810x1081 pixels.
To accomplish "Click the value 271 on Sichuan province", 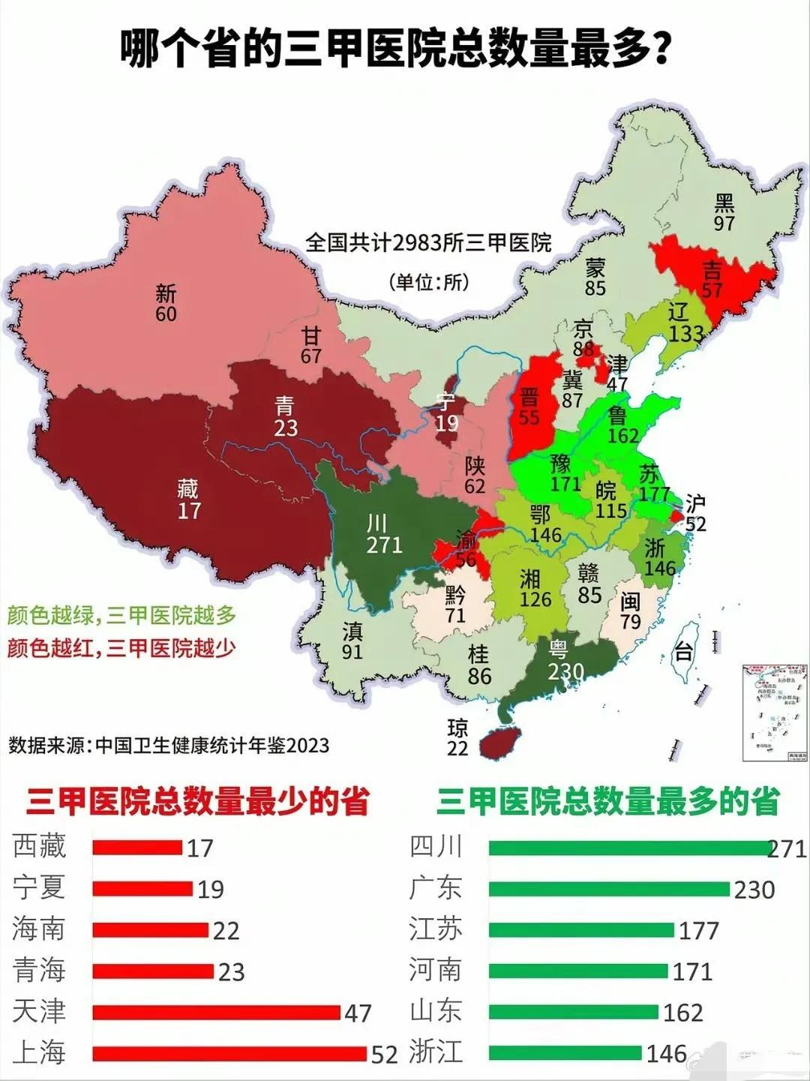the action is pyautogui.click(x=384, y=544).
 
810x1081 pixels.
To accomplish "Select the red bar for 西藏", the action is pyautogui.click(x=137, y=848).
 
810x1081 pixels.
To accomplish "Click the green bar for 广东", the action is pyautogui.click(x=608, y=889).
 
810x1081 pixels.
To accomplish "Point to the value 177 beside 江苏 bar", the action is pyautogui.click(x=698, y=931).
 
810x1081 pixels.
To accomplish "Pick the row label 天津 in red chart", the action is pyautogui.click(x=39, y=1011).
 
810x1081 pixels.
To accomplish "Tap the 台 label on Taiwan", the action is pyautogui.click(x=682, y=651).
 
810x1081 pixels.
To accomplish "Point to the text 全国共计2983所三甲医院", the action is pyautogui.click(x=428, y=243).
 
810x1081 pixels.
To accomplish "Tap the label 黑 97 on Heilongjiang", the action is pyautogui.click(x=724, y=212).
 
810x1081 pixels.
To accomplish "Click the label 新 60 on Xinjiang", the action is pyautogui.click(x=166, y=303).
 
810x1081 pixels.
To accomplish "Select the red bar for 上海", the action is pyautogui.click(x=230, y=1053).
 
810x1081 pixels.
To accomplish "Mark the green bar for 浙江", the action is pyautogui.click(x=565, y=1052).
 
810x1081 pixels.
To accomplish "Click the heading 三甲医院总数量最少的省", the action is pyautogui.click(x=197, y=802).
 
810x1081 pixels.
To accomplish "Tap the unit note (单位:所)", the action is pyautogui.click(x=429, y=282).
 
